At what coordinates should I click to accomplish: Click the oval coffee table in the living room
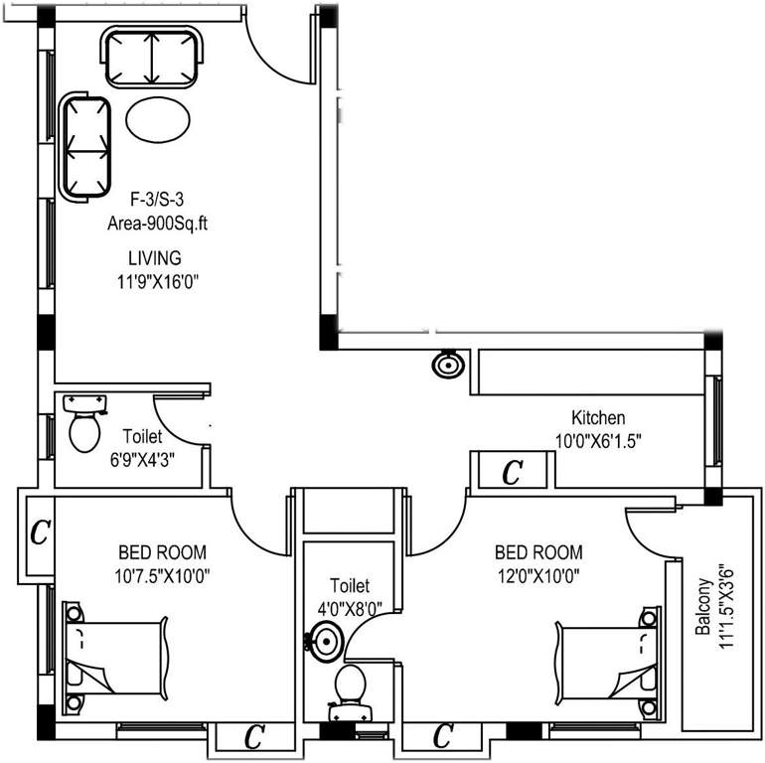click(158, 121)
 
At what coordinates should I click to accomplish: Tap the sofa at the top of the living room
click(153, 58)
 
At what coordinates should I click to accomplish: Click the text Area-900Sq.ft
click(157, 225)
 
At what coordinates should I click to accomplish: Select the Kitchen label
click(597, 417)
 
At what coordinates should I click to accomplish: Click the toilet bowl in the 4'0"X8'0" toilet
click(349, 687)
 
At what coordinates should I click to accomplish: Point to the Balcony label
click(703, 607)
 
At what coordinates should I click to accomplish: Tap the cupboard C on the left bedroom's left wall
click(39, 534)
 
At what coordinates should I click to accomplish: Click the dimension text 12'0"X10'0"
click(537, 574)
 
